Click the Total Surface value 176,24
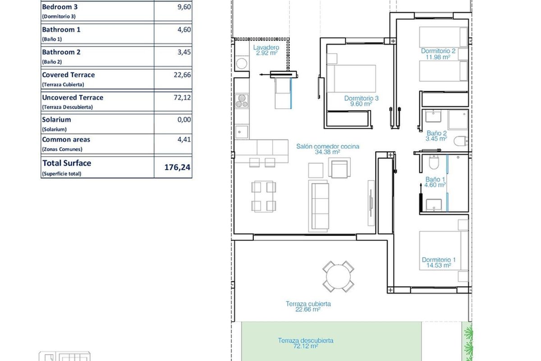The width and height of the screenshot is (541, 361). [x=177, y=167]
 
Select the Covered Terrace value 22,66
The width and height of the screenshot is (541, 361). [x=182, y=75]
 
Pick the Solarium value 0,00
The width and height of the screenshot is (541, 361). [x=184, y=120]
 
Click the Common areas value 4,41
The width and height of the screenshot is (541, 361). [x=184, y=139]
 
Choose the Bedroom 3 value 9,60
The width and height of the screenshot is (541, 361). [x=184, y=7]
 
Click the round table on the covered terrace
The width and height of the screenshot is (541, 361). [x=338, y=277]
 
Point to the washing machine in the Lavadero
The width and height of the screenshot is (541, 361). [x=242, y=64]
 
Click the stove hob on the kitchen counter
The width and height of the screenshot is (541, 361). [x=242, y=101]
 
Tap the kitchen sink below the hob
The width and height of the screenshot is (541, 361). [x=242, y=132]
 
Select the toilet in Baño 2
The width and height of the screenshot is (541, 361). [x=461, y=141]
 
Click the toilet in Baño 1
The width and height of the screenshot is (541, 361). [x=434, y=162]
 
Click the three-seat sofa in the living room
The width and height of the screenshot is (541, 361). [x=320, y=206]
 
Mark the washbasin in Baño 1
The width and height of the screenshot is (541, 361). [x=434, y=205]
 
